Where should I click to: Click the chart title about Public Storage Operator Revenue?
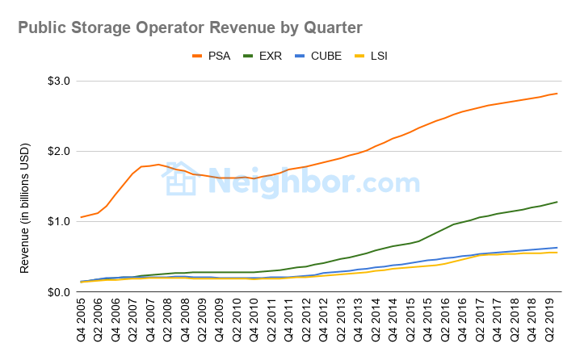[190, 28]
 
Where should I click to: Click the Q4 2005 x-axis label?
[82, 322]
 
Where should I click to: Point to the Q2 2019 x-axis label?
[550, 322]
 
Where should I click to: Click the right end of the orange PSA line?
[557, 94]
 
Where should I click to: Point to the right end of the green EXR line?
[557, 202]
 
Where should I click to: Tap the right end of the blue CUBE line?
[557, 247]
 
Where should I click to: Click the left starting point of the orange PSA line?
[81, 217]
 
